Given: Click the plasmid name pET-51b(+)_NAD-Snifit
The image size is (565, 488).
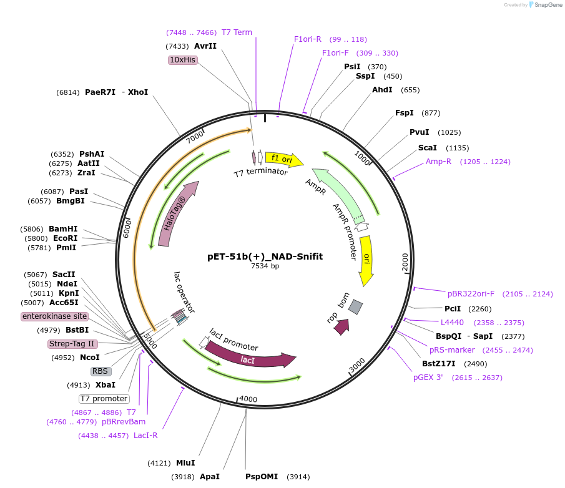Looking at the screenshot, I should (x=265, y=256).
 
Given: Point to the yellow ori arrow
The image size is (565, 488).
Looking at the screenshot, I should (x=367, y=260).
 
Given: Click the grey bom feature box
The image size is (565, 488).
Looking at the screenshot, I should (x=355, y=306).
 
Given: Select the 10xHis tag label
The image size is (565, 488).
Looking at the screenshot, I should (x=183, y=60).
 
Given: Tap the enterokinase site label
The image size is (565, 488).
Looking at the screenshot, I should (x=54, y=316).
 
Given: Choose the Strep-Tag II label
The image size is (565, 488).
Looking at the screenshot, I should (x=72, y=344).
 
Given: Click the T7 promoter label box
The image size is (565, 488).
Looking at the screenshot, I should (x=104, y=399).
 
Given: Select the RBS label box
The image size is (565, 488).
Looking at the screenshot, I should (x=101, y=371).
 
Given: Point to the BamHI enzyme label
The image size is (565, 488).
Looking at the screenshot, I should (x=63, y=229).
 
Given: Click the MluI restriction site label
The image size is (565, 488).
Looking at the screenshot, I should (x=185, y=463).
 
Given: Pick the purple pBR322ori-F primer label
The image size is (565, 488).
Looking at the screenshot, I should (x=471, y=293).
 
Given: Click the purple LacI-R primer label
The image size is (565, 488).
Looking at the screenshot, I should (x=145, y=436).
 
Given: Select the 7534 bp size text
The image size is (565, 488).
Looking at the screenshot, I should (x=265, y=266).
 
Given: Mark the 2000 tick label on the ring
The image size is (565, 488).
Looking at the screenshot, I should (x=405, y=263).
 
